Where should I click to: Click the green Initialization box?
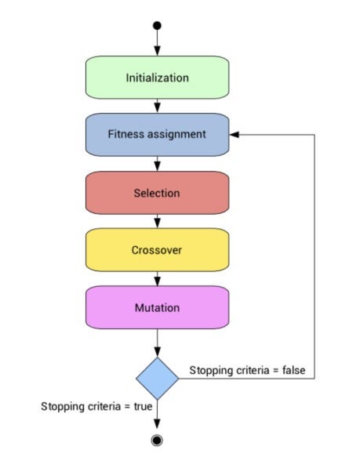click(157, 78)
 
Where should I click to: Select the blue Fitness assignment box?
click(157, 134)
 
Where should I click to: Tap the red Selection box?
click(157, 193)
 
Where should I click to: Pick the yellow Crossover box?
click(157, 250)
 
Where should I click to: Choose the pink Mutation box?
click(157, 307)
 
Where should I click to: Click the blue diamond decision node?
click(157, 379)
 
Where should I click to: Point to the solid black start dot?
click(157, 26)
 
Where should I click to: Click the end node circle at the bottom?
click(157, 441)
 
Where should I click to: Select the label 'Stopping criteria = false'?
click(247, 370)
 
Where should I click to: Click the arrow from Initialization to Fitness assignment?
click(157, 106)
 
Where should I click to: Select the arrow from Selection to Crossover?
click(157, 221)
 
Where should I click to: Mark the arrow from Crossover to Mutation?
click(157, 278)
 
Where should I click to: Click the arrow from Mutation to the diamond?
click(157, 343)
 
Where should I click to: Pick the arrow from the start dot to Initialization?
click(157, 42)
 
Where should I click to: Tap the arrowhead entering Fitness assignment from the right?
click(235, 134)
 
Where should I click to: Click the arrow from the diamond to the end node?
click(157, 415)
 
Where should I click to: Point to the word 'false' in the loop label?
click(293, 370)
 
